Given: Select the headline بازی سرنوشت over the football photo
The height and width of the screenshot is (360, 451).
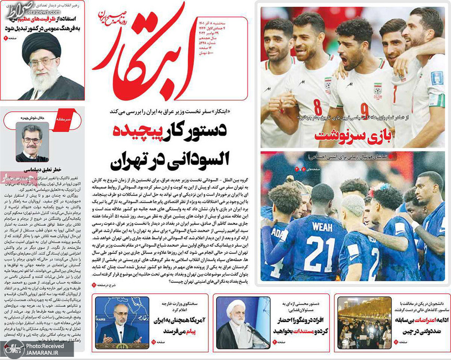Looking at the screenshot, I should (x=342, y=137).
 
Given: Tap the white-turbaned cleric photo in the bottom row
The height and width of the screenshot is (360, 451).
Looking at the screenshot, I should (x=235, y=323).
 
